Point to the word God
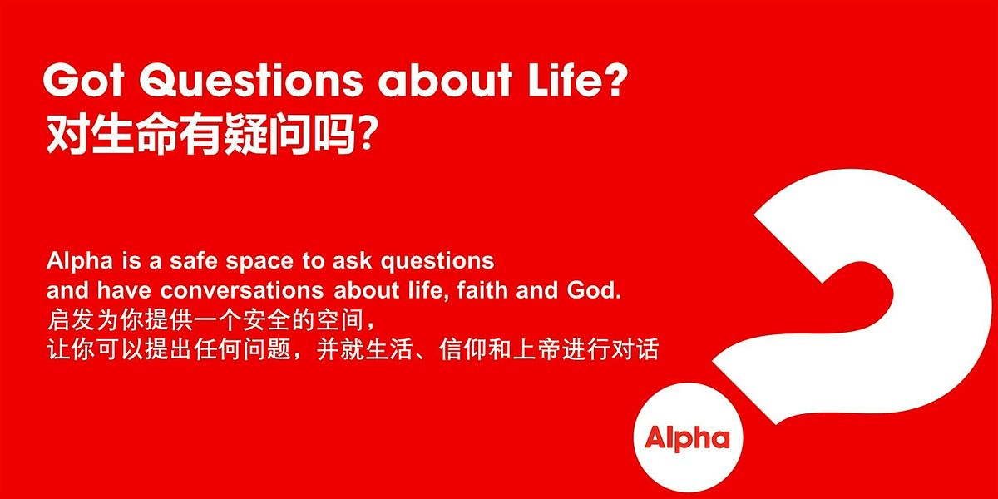[x=599, y=290]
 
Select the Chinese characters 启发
[x=67, y=319]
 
